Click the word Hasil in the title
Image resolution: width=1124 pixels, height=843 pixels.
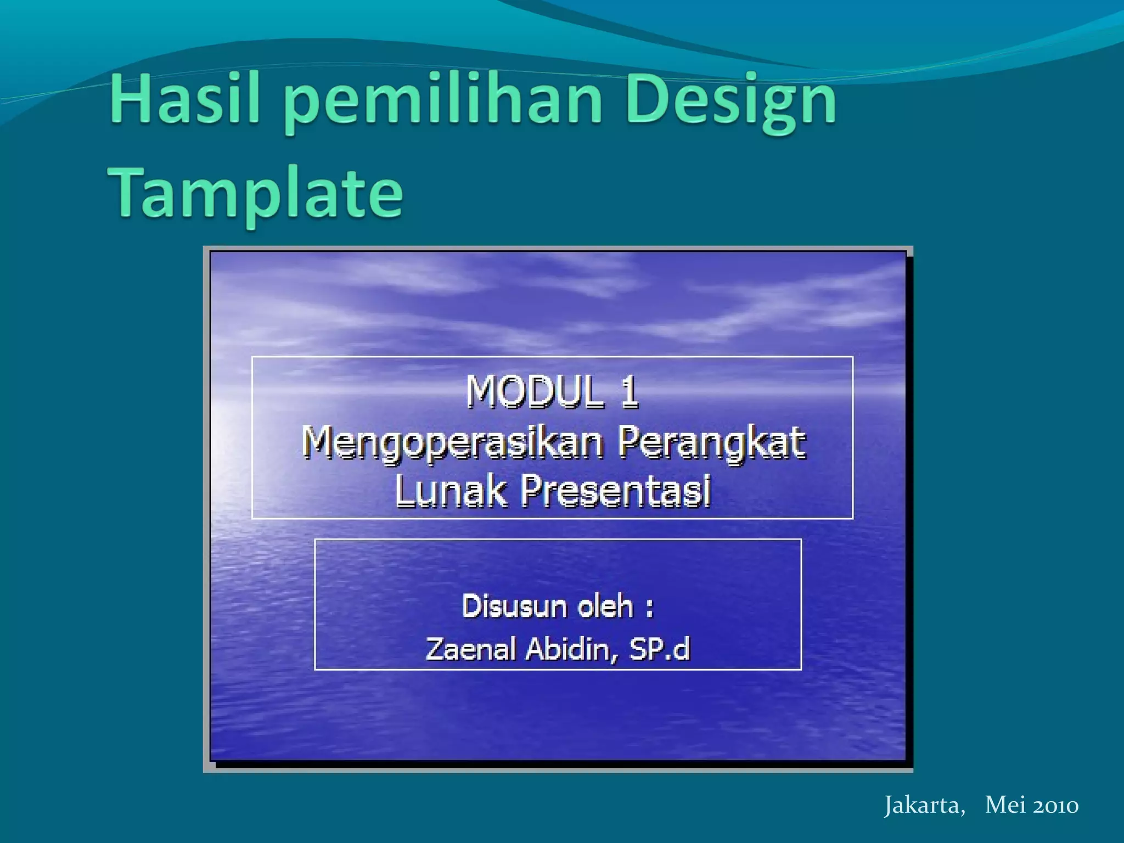[184, 100]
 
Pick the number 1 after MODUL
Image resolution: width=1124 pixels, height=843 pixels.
[630, 391]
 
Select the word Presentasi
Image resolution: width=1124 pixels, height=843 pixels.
[616, 490]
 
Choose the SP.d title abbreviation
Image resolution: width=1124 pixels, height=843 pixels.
[659, 649]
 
